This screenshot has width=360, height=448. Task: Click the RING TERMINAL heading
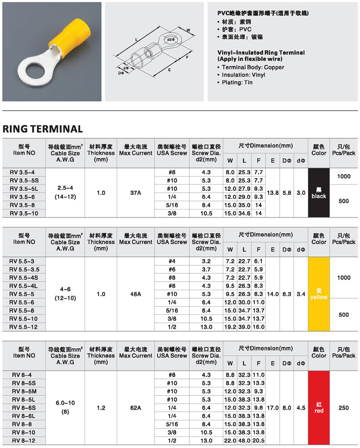43,129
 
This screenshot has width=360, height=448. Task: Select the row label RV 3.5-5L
25,188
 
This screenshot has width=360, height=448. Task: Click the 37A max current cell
135,193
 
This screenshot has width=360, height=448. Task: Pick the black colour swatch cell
319,193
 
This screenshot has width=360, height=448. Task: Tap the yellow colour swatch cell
319,294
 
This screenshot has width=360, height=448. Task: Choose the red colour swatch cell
319,407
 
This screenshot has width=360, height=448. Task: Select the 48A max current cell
135,294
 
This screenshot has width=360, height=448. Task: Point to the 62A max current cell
135,407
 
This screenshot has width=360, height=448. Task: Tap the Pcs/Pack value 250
344,407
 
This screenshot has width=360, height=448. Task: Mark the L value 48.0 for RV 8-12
244,440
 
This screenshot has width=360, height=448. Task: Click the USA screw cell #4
172,261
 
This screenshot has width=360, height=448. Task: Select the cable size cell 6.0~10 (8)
65,407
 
